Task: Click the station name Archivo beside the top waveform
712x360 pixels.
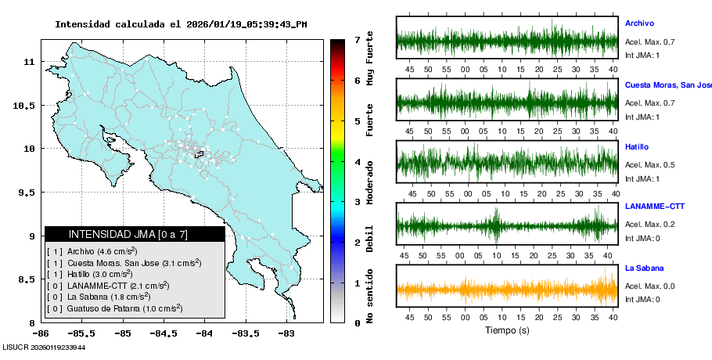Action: coord(639,23)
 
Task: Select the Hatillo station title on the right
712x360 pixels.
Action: coord(637,147)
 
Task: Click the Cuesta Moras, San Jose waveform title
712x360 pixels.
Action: coord(667,85)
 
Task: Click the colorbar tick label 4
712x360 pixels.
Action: coord(357,162)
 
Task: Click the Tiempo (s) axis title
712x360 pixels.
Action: coord(507,330)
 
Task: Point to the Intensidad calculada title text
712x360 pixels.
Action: coord(181,24)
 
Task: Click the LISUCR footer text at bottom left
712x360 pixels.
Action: coord(44,347)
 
